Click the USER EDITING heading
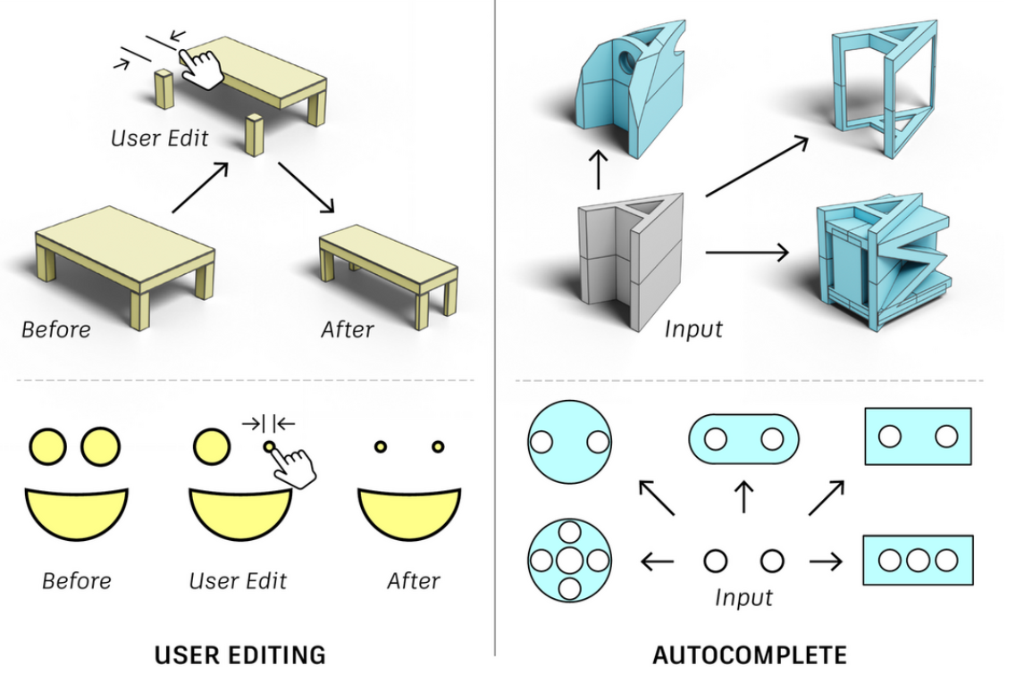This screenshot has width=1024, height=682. [239, 654]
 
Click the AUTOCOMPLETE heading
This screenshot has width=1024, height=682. [749, 655]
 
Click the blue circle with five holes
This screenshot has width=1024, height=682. [569, 561]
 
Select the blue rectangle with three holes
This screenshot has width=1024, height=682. [917, 561]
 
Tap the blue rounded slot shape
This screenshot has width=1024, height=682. [743, 438]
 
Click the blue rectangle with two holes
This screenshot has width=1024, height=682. [917, 437]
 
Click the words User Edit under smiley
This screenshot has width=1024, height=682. [238, 581]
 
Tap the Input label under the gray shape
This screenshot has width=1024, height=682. [692, 329]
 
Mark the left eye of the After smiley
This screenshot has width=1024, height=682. [380, 445]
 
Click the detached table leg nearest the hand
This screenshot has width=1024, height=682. [164, 89]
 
